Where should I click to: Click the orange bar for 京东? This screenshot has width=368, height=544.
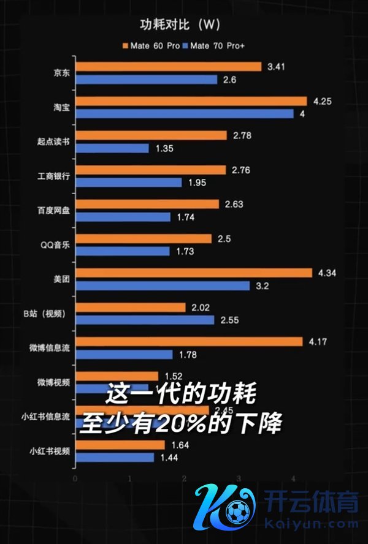tap(168, 66)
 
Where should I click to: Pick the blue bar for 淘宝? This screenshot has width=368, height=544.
tap(184, 113)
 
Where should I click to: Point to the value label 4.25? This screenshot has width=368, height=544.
tap(322, 101)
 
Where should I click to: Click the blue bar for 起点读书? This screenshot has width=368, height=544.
tap(112, 148)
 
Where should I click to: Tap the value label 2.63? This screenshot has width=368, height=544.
tap(234, 204)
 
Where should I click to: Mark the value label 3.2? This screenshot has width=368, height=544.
tap(263, 285)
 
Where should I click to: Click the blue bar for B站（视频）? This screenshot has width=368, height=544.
tap(144, 320)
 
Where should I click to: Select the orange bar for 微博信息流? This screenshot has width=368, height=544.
tap(188, 341)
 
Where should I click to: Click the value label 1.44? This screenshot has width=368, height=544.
tap(169, 458)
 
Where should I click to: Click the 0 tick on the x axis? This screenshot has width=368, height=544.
tap(75, 478)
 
